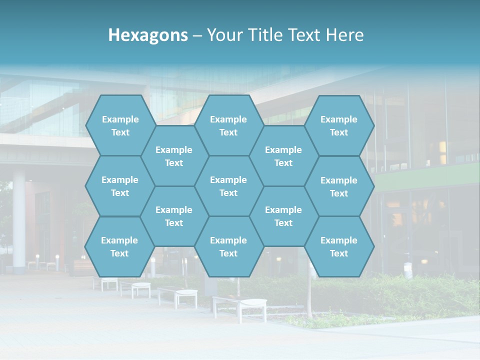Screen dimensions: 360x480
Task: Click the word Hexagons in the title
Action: coord(148,35)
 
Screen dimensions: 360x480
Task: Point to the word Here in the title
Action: coord(345,35)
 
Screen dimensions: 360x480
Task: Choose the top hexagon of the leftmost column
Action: coord(120,125)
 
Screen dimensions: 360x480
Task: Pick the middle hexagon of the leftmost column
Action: coord(120,186)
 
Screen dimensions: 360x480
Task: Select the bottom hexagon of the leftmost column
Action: coord(119,246)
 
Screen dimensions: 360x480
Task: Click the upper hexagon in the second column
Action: coord(174,156)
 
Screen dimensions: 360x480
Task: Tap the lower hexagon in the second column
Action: coord(174,216)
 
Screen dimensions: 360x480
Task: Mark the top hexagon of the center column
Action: coord(228,125)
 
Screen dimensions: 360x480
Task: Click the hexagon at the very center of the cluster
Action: coord(228,186)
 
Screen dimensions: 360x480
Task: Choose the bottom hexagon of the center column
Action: coord(228,246)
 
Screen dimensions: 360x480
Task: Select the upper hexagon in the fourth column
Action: coord(283,156)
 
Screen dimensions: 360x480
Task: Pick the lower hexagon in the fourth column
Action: coord(283,216)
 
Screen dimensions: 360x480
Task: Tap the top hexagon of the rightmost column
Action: coord(339,125)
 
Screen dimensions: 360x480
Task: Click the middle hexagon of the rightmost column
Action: coord(339,186)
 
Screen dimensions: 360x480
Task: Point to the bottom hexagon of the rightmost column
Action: coord(339,246)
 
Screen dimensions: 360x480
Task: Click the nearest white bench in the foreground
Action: coord(240,306)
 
